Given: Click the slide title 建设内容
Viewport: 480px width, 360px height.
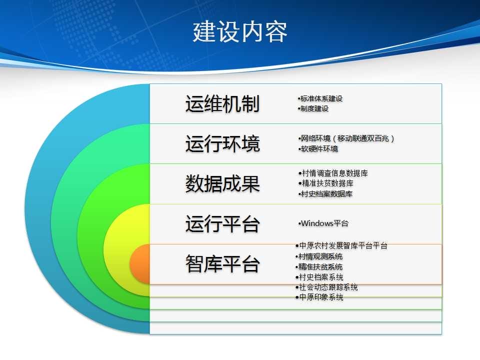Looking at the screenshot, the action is [240, 31].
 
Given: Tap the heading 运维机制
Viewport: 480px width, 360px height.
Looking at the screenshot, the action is [222, 103].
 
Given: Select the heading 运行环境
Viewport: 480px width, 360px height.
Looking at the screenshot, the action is [222, 143].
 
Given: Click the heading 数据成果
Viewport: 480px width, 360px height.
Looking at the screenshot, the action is [222, 183].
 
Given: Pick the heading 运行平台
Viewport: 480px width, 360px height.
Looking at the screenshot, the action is [222, 224].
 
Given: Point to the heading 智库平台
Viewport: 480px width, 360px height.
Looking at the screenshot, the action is [222, 263].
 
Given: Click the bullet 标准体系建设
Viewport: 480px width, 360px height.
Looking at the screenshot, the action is [320, 98].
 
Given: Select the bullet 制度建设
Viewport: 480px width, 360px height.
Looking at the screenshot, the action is [313, 108].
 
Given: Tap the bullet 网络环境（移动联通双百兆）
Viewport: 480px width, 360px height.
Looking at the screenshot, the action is [346, 138].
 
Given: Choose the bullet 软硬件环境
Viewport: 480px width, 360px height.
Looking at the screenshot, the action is [318, 149].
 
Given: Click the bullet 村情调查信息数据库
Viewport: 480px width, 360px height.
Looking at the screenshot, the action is [333, 173].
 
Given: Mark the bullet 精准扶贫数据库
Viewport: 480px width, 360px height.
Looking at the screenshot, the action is [325, 183].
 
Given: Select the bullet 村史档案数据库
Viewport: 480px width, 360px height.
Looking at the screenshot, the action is [325, 194].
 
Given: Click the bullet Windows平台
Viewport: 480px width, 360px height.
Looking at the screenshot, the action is [323, 223].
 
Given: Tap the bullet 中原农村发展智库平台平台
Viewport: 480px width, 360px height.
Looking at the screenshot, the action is [341, 245].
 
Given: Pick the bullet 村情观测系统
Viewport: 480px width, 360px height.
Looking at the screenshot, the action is [318, 256].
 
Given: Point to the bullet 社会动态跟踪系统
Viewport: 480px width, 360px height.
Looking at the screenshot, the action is [326, 287].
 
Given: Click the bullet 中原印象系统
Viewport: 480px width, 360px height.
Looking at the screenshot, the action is [319, 297].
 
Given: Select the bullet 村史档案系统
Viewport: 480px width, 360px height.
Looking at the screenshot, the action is [319, 277].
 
